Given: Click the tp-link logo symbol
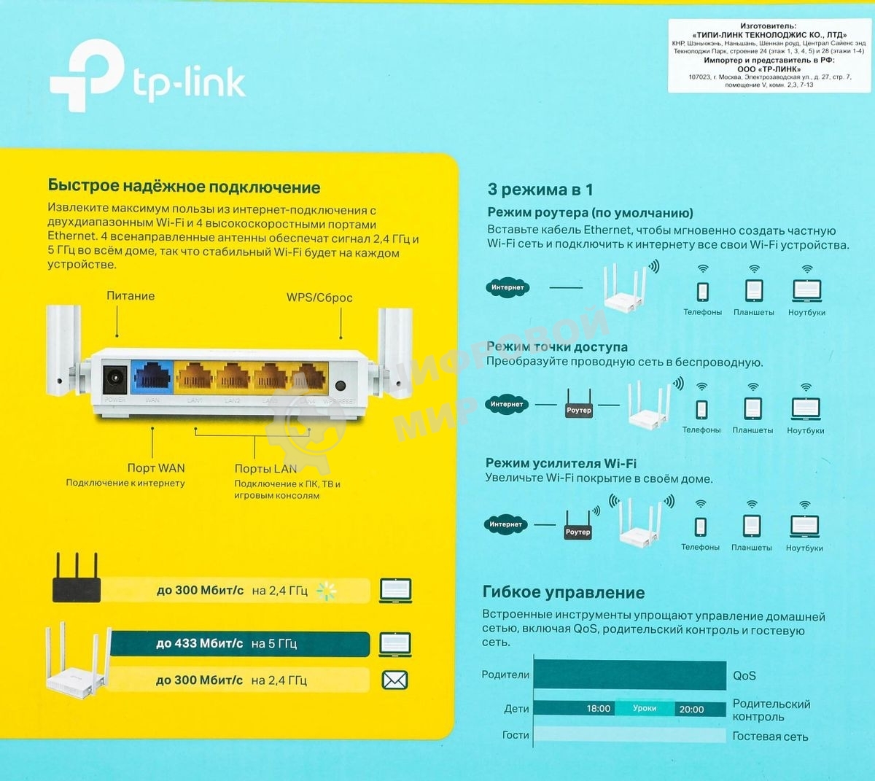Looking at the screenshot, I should pos(86,74).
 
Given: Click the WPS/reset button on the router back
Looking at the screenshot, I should pos(340,386).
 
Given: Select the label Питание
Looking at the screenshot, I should pos(131,296).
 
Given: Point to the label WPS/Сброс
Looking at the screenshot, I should pos(319,298).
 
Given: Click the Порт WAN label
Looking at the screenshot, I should pos(156,468).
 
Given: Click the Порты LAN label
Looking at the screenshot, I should pos(265,469).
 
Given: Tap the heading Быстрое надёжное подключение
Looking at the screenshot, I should pos(184,187).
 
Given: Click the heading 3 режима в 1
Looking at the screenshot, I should pos(540,190).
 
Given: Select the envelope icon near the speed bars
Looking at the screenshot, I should pos(394,680).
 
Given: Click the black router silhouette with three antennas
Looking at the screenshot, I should pos(76,580).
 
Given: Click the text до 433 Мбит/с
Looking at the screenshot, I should pos(199,644).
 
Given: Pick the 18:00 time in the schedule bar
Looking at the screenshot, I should pos(599,709).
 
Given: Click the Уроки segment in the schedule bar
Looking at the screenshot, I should pos(645,708).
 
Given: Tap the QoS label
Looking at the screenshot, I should pos(744,676).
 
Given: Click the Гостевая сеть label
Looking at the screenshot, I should pos(770,737).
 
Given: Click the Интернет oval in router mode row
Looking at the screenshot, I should pos(507,287).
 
